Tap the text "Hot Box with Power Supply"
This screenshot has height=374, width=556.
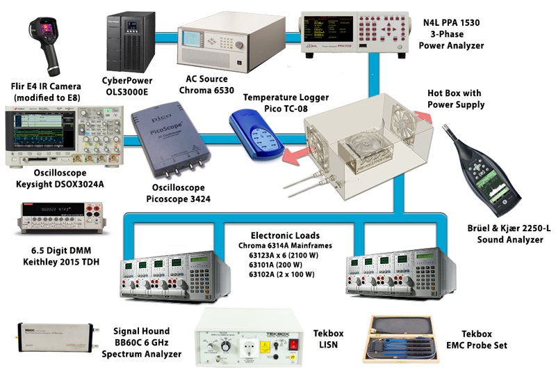tap(455, 100)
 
